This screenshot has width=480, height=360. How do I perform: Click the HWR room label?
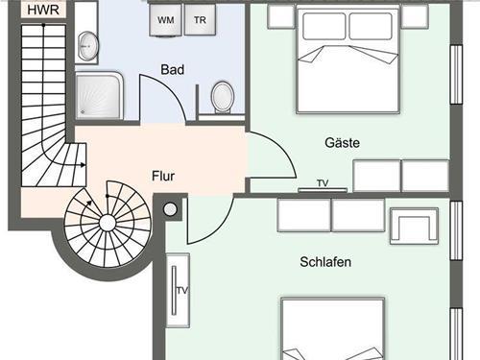tap(43, 10)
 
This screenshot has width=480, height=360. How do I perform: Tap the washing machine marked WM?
tap(165, 20)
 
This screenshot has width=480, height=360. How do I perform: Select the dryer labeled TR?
tap(200, 20)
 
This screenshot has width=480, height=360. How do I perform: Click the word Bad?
tap(173, 69)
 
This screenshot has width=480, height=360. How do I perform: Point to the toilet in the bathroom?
tap(223, 98)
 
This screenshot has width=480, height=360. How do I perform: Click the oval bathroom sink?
tap(88, 46)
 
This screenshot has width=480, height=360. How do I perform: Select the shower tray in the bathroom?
tap(100, 95)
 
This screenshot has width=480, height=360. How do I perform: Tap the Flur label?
tap(163, 176)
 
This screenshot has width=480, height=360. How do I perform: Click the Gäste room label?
tap(342, 142)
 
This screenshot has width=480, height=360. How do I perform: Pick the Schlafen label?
tap(325, 262)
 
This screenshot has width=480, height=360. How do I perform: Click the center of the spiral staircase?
tap(108, 223)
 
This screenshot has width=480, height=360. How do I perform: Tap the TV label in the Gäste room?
tap(323, 183)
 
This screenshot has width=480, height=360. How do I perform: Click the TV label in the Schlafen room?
tap(182, 291)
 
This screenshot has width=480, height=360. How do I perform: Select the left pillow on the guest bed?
tap(324, 26)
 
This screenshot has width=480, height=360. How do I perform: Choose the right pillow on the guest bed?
tap(371, 26)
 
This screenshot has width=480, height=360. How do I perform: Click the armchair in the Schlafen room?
tap(414, 226)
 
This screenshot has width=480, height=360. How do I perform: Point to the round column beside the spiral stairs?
tap(170, 209)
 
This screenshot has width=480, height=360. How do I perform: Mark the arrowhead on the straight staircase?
tap(84, 165)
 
